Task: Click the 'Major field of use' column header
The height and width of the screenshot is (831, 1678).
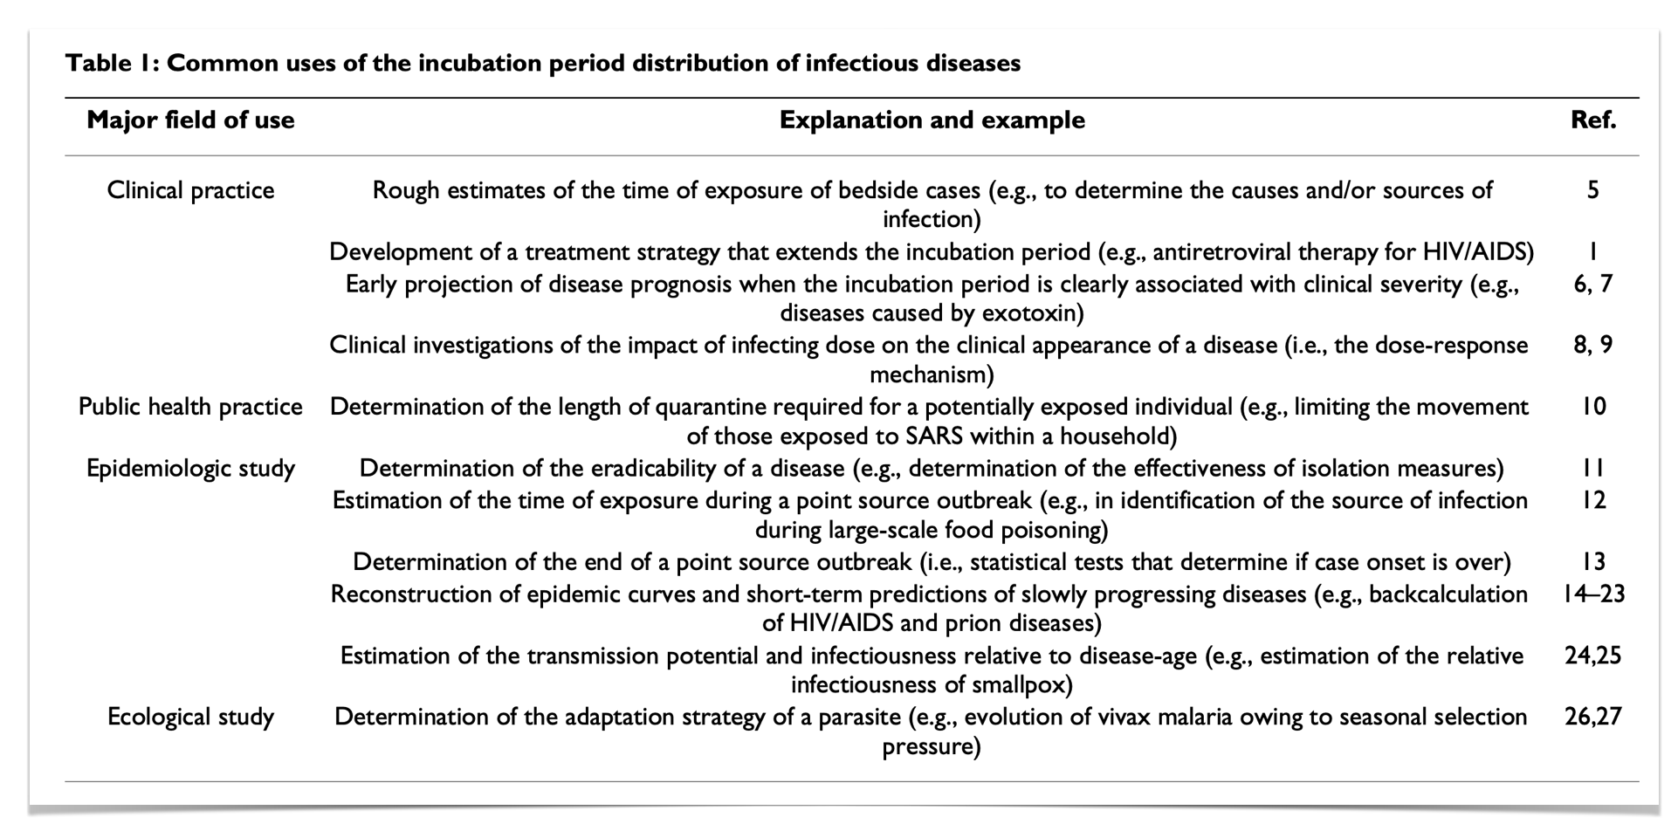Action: (x=190, y=120)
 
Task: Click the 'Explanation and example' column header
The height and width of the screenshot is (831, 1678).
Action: (x=932, y=120)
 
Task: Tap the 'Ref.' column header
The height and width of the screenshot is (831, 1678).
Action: (x=1592, y=120)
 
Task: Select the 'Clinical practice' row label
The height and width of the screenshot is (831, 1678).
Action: (x=190, y=190)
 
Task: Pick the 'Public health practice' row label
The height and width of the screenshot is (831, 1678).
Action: (x=190, y=407)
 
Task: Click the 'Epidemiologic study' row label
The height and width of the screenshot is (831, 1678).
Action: (x=190, y=469)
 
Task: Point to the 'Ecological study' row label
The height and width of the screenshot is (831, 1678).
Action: (x=190, y=717)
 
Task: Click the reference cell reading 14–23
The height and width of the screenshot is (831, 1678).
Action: (x=1592, y=594)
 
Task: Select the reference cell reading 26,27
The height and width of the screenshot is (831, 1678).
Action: (x=1592, y=717)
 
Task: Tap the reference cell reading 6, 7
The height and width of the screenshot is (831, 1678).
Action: (x=1592, y=284)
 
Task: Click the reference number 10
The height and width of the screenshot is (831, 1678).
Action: (x=1593, y=407)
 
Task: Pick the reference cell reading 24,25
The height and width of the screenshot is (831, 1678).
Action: (x=1592, y=656)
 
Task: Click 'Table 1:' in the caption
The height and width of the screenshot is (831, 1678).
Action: (x=112, y=63)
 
